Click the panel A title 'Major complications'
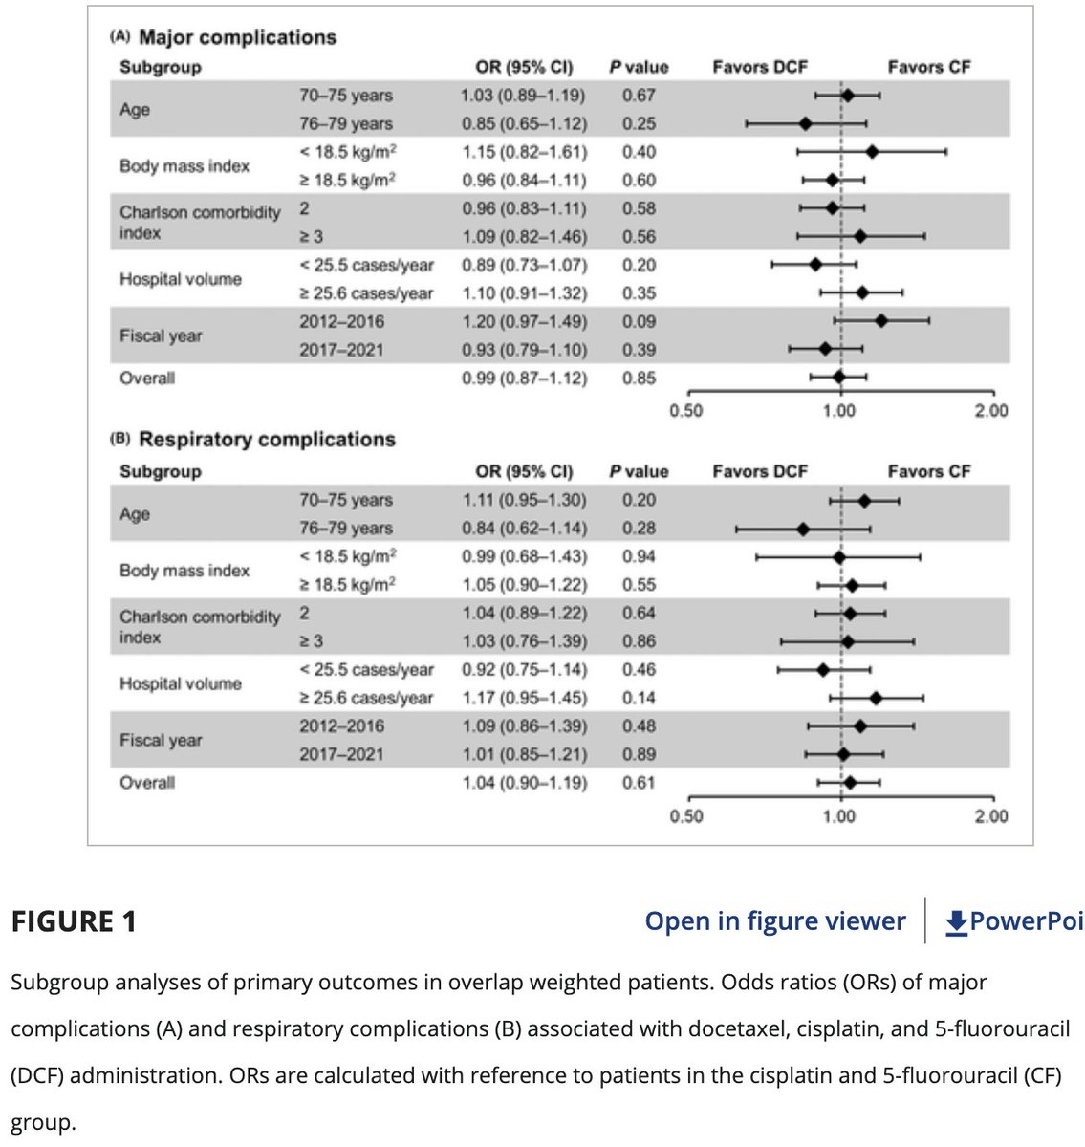(237, 37)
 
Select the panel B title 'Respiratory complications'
(267, 440)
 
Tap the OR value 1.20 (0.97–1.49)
(524, 322)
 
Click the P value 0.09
(639, 322)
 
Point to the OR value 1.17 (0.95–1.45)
(524, 698)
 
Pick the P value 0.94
(639, 556)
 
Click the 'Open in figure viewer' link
(774, 921)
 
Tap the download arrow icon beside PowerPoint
(956, 922)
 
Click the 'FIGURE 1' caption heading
(74, 921)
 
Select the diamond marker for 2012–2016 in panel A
(880, 321)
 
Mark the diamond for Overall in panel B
(850, 782)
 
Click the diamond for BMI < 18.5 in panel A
(872, 151)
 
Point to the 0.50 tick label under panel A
(686, 411)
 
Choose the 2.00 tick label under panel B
(991, 816)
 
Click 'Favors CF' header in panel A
(929, 67)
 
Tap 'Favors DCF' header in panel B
(760, 471)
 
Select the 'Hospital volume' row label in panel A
(181, 279)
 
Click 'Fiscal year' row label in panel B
(161, 740)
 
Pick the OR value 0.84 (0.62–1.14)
(524, 529)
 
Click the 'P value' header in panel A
(639, 67)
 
